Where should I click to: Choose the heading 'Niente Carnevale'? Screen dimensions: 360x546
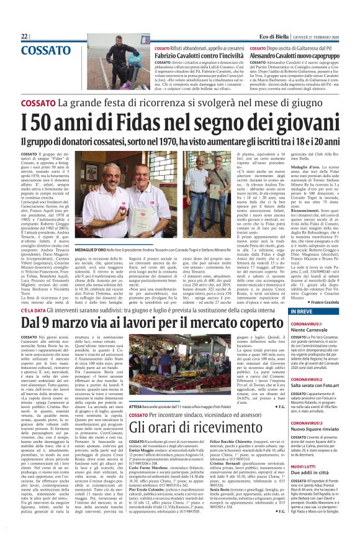[311, 330]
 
